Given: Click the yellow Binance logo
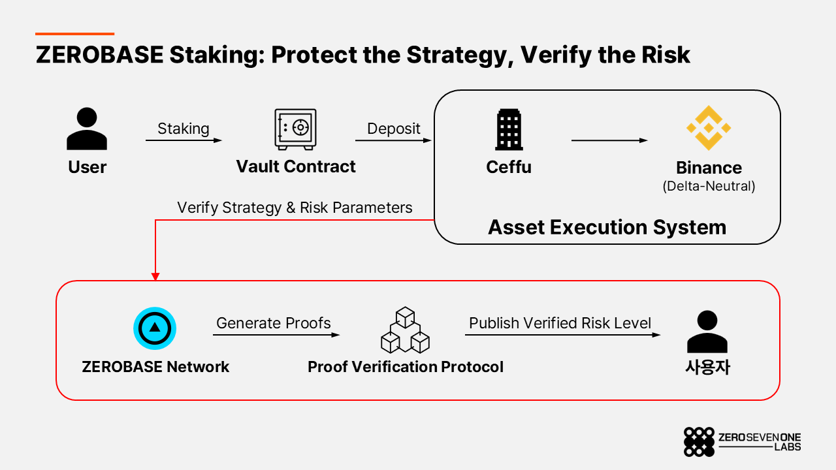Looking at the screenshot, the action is pos(709,128).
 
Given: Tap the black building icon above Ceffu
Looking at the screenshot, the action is pos(509,129).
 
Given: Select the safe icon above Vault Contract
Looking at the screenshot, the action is pos(296,129).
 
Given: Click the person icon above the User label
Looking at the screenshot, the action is pos(87,129).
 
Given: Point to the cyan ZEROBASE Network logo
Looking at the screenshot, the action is pos(155,328).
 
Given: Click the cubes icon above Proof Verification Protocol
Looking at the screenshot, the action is pos(406,330).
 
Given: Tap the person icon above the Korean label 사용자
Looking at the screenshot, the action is pos(707,332).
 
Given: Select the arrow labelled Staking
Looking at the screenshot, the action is pos(184,140).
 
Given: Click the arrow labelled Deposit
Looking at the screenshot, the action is pos(393,140).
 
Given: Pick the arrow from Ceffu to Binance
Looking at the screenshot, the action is pos(609,140).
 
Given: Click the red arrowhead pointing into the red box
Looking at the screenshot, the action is pos(155,276).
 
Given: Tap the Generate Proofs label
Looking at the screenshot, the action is pos(274,323).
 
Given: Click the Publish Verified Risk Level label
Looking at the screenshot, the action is pos(560,323).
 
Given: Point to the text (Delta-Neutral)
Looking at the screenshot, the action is pos(709,186).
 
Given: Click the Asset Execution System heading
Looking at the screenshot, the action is pos(607,227).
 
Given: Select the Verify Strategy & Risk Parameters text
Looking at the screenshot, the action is pos(295,208).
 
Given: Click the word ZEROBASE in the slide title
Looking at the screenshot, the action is pos(100,55).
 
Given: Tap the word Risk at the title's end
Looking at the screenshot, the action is pos(666,55).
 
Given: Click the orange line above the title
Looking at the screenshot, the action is pos(74,34).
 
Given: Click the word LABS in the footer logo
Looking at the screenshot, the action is pos(788,447).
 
